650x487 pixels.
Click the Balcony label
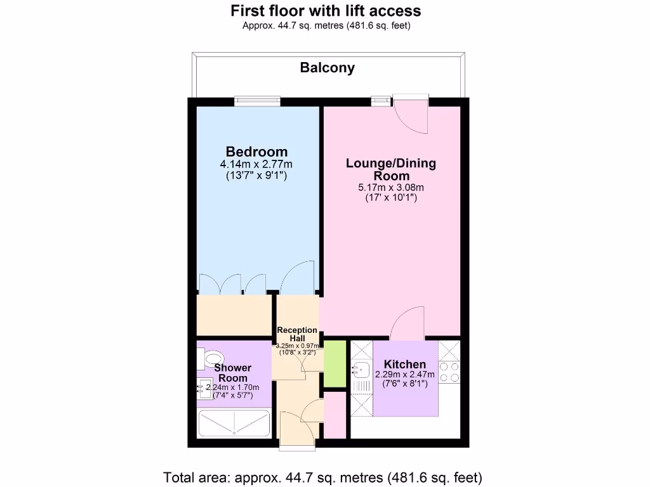coord(327,68)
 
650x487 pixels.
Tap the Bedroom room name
coord(256,152)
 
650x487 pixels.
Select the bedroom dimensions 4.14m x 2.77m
coord(256,164)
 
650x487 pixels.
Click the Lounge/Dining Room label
coord(391,169)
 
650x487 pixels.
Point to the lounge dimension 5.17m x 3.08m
coord(391,187)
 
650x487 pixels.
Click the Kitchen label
coord(405,364)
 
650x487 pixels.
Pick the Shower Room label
coord(232,373)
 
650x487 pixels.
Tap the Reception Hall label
coord(297,334)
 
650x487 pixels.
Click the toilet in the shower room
coord(214,359)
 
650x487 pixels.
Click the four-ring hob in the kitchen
coord(449,372)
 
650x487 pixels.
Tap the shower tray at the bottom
coord(234,423)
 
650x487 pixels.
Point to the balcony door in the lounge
coord(411,113)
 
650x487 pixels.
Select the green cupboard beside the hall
coord(335,363)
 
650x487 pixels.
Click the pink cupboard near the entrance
coord(335,414)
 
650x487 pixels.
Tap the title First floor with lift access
coord(326,11)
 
